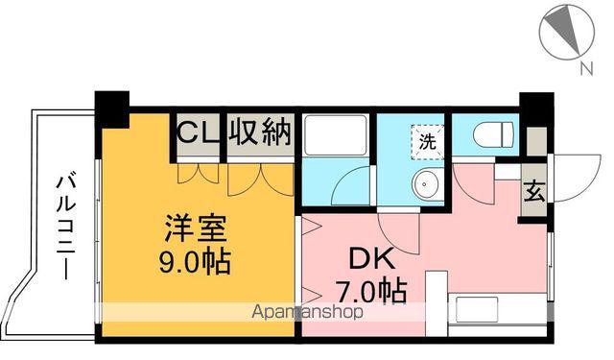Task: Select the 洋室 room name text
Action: click(x=195, y=230)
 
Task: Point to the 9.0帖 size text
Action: click(x=195, y=261)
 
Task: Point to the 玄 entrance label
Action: click(x=532, y=189)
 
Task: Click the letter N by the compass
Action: click(x=583, y=67)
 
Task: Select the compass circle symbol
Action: click(x=567, y=29)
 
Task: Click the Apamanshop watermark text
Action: click(x=306, y=313)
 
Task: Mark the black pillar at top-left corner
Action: click(x=112, y=106)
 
